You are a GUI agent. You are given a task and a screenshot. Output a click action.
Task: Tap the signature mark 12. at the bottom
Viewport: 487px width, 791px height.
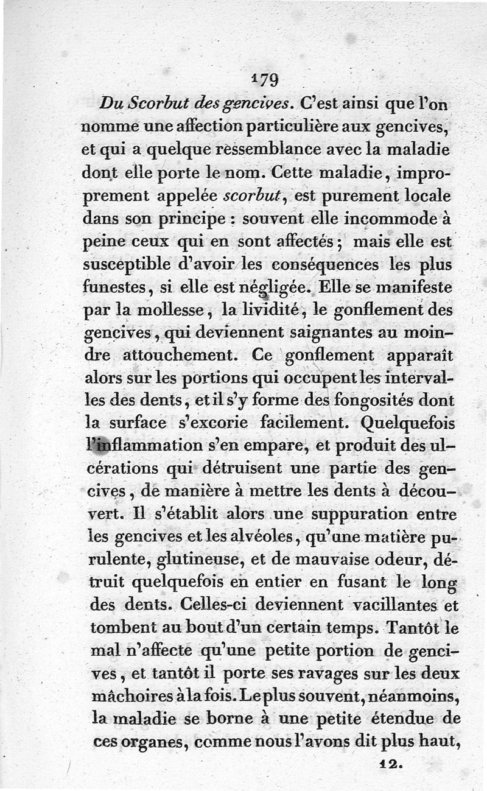(390, 762)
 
